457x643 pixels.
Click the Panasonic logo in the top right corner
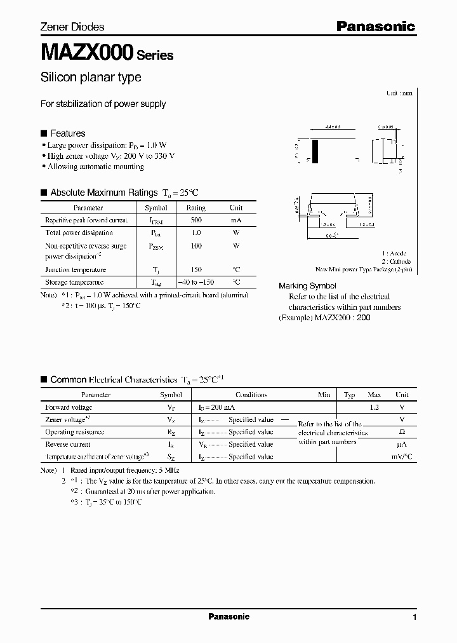375,26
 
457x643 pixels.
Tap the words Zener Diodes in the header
72,27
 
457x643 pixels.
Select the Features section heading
67,133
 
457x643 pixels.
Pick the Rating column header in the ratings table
195,208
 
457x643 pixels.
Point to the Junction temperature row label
76,269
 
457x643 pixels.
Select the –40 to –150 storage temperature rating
195,281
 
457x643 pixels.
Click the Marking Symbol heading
308,286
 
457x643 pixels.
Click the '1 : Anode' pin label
394,254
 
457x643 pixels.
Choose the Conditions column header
251,395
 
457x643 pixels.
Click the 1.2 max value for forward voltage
374,407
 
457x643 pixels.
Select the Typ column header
349,395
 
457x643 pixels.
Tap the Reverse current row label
68,444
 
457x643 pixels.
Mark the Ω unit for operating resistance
402,432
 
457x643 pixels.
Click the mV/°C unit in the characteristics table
402,456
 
